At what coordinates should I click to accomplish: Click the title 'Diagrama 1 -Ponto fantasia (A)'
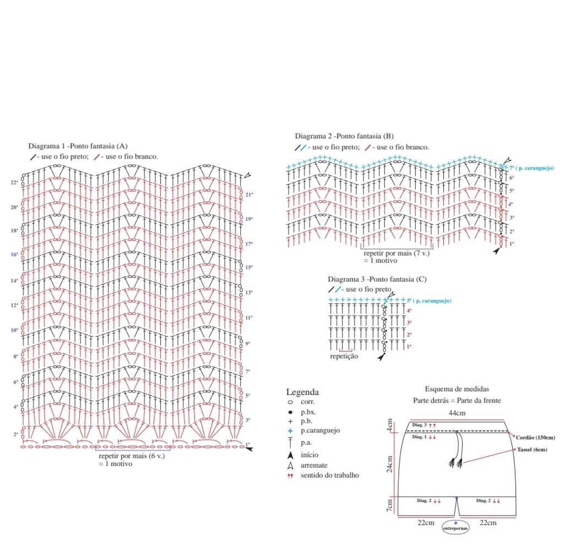coord(78,146)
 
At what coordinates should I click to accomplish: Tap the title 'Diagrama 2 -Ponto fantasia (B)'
coord(344,136)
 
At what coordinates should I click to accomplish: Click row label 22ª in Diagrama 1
coord(14,182)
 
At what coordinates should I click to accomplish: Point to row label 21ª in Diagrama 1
coord(249,194)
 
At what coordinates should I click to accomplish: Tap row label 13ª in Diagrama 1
coord(249,293)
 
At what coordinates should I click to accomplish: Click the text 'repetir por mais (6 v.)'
coord(132,456)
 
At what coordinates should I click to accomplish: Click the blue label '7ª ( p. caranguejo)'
coord(531,167)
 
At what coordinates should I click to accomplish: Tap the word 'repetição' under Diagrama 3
coord(344,356)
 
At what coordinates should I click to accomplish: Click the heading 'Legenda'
coord(302,393)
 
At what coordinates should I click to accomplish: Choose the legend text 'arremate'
coord(314,465)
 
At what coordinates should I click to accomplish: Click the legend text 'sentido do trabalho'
coord(330,475)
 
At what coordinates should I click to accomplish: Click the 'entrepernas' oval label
coord(455,528)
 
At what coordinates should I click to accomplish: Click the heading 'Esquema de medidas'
coord(457,389)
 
